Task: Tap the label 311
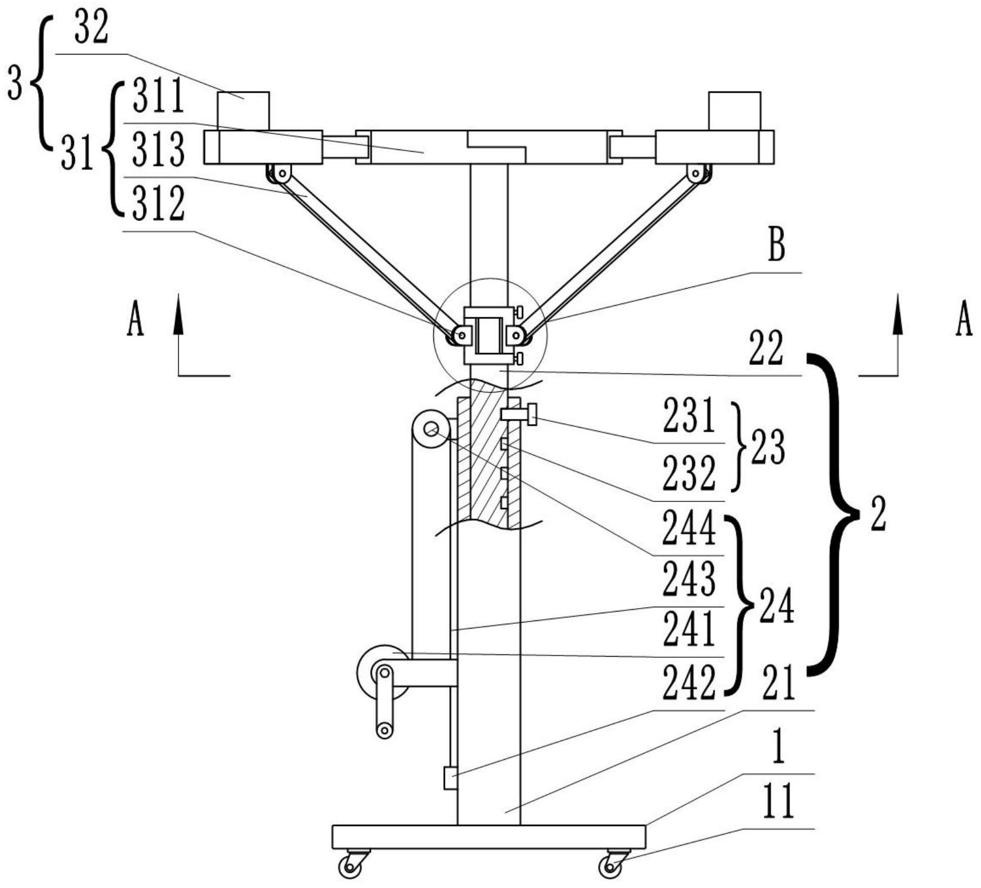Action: [x=158, y=97]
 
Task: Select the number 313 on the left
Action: [x=158, y=149]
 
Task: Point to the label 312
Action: [x=158, y=204]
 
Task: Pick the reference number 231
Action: [x=689, y=416]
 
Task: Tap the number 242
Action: [x=689, y=683]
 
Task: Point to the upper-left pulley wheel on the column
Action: [x=432, y=431]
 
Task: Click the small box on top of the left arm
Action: [x=243, y=111]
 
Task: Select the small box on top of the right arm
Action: [x=734, y=111]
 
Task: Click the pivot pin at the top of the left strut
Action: [x=283, y=173]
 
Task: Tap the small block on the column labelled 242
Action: [x=450, y=778]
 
